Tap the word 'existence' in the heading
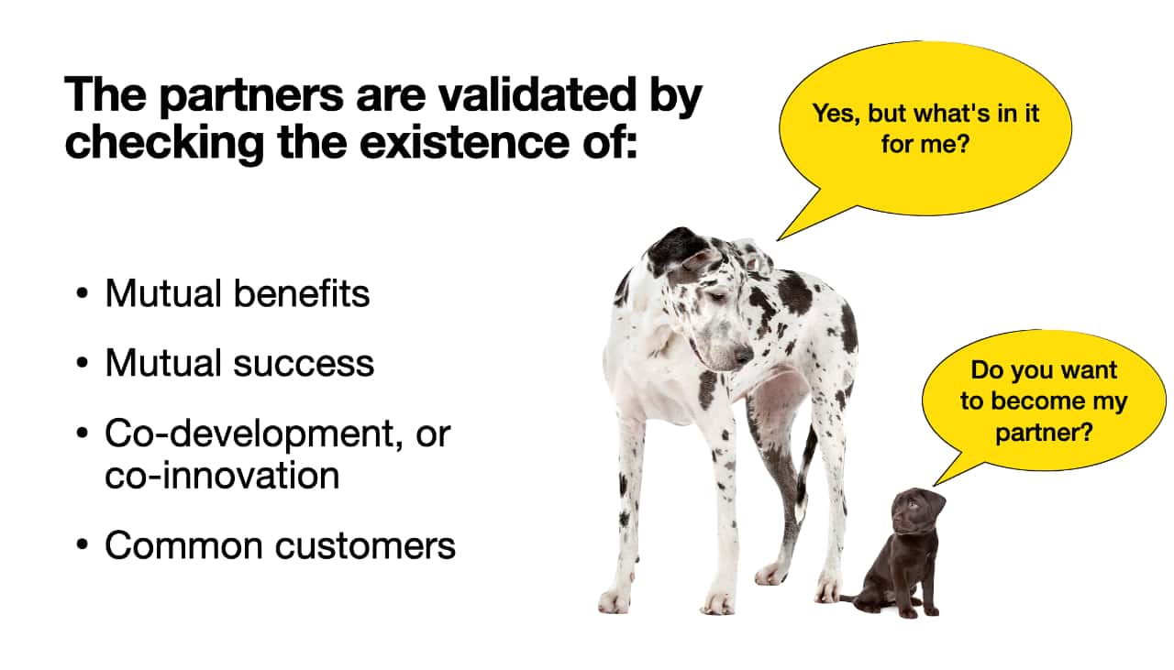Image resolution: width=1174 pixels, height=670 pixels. click(464, 142)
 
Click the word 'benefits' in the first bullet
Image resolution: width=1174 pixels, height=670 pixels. click(302, 292)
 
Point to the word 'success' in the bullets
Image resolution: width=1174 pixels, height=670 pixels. click(304, 364)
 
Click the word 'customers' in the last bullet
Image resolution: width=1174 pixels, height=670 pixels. click(365, 546)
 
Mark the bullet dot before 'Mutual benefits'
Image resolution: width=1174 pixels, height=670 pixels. click(82, 293)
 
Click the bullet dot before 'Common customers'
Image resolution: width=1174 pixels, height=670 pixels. click(82, 544)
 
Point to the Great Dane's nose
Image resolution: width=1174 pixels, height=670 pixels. click(743, 356)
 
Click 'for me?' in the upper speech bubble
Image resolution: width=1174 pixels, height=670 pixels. click(925, 145)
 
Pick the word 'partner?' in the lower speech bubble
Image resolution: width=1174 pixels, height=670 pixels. click(1044, 433)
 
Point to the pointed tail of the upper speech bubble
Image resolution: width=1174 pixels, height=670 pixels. click(779, 239)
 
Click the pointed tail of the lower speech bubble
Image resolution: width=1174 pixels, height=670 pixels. click(935, 485)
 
